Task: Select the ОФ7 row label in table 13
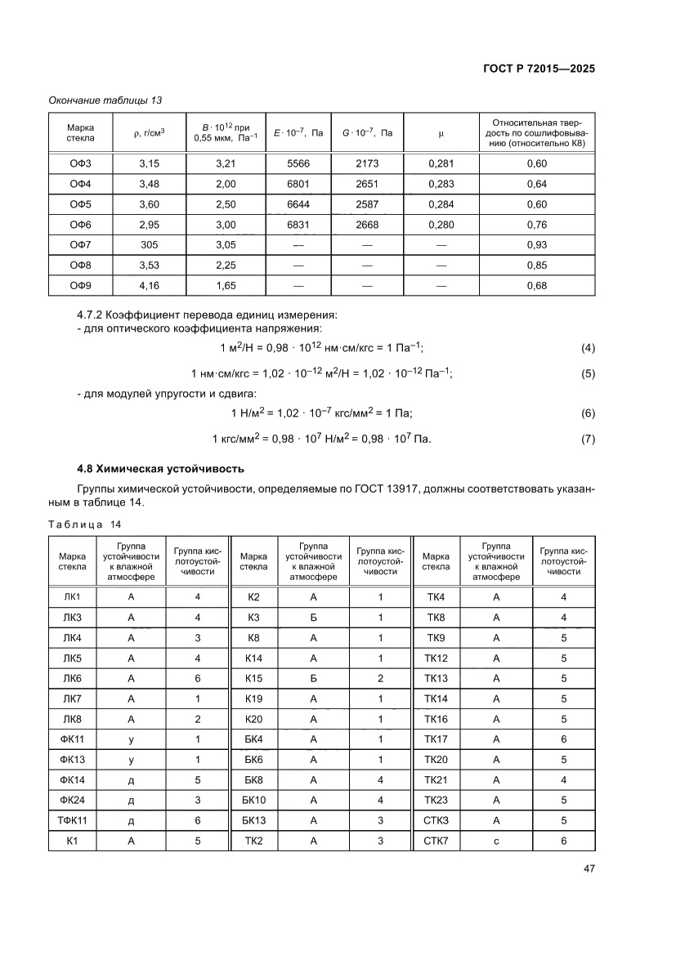[80, 244]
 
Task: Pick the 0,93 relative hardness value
[537, 244]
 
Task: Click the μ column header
[441, 132]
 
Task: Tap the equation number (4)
[587, 348]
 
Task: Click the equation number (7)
[587, 440]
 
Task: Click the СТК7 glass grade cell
[436, 840]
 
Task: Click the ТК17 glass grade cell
[436, 739]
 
